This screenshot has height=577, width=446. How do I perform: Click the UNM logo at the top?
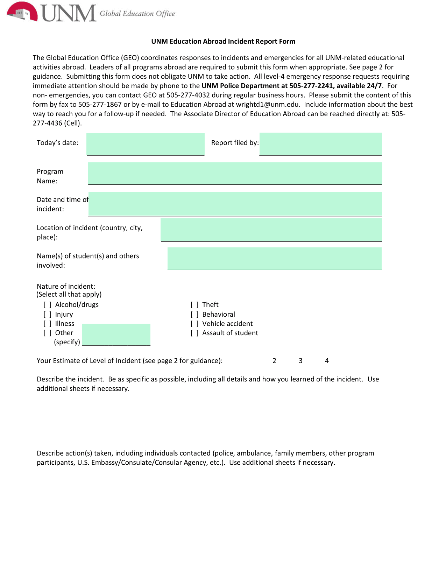(51, 13)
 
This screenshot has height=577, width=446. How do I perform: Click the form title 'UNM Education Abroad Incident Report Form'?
(223, 41)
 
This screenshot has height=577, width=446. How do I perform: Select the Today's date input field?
(146, 144)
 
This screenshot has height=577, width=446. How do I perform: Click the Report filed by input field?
(320, 144)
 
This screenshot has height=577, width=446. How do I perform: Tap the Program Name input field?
(235, 173)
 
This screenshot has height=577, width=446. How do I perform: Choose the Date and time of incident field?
(235, 204)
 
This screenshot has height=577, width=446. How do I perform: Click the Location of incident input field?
(271, 230)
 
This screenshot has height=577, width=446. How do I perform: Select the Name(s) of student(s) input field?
(275, 259)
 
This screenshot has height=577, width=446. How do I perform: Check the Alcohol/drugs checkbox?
(48, 305)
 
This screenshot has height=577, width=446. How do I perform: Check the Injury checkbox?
(48, 315)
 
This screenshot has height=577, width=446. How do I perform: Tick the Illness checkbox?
(48, 324)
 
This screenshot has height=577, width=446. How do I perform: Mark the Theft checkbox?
(194, 305)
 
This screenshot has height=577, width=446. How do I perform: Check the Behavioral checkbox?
(194, 315)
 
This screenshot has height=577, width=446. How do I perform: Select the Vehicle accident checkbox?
(194, 324)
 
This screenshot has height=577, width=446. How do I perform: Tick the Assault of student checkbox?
(194, 333)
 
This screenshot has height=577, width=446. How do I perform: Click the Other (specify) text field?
(116, 335)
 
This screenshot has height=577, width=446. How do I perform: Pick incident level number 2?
(275, 361)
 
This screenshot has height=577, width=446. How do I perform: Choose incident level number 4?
(327, 361)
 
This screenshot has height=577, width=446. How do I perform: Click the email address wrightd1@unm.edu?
(268, 104)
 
